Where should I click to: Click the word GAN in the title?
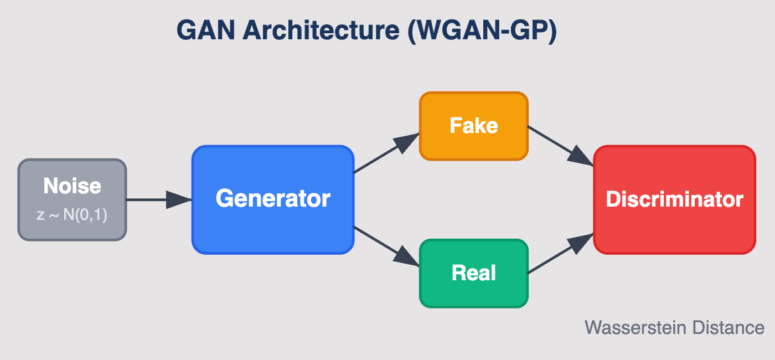[x=207, y=30]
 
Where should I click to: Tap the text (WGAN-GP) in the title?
[x=482, y=30]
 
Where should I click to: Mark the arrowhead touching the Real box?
[x=407, y=258]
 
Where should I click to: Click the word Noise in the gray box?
[x=73, y=186]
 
